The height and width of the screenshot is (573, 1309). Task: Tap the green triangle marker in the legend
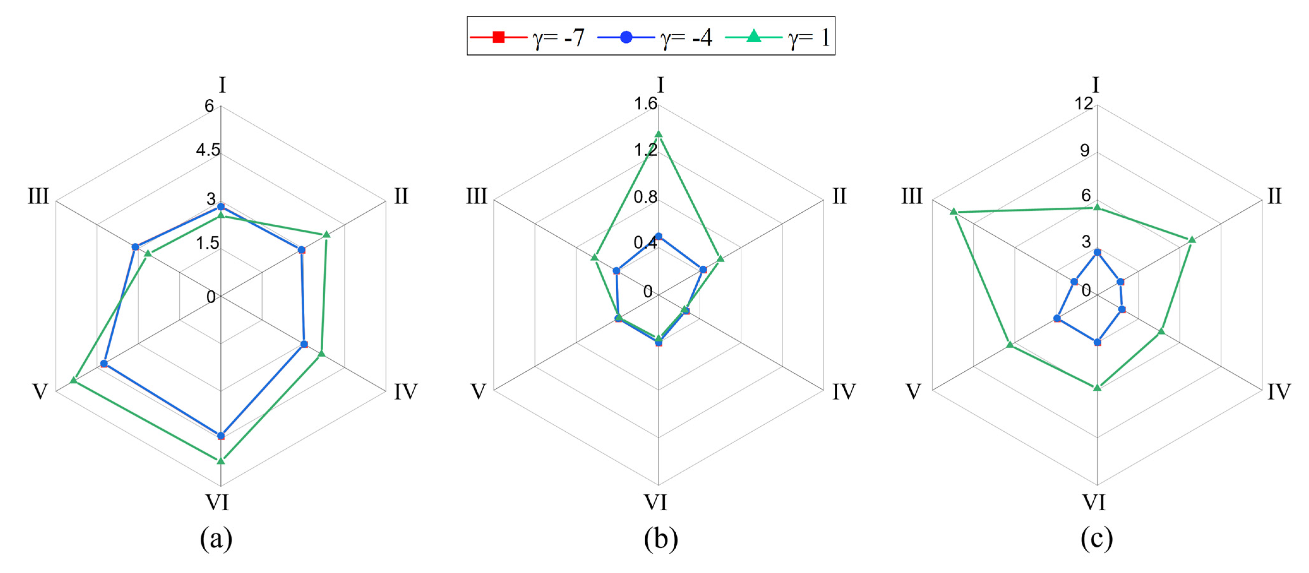pyautogui.click(x=754, y=36)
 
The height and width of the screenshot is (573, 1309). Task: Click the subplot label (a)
pyautogui.click(x=216, y=539)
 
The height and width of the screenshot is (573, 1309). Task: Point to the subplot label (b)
pyautogui.click(x=660, y=539)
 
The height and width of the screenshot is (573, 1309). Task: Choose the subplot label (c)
pyautogui.click(x=1097, y=539)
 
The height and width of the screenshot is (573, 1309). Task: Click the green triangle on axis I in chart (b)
pyautogui.click(x=659, y=134)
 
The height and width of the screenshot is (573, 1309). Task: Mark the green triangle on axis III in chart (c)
pyautogui.click(x=954, y=212)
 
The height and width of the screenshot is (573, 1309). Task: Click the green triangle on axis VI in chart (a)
pyautogui.click(x=221, y=461)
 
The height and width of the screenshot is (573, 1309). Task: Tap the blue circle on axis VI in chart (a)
pyautogui.click(x=221, y=435)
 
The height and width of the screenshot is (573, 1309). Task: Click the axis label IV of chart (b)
pyautogui.click(x=844, y=392)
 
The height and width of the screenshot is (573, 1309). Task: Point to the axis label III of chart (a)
pyautogui.click(x=38, y=196)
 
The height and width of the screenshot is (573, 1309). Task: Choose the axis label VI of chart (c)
pyautogui.click(x=1094, y=502)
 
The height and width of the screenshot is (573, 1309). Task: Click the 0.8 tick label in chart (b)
pyautogui.click(x=645, y=197)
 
